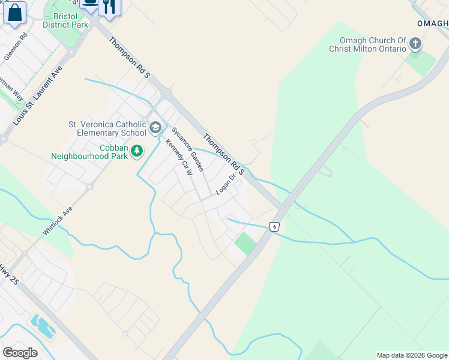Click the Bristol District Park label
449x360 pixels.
click(x=67, y=19)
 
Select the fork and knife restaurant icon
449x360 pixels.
click(x=109, y=6)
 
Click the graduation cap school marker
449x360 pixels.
click(x=155, y=127)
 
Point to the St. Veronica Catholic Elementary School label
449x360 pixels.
click(x=107, y=128)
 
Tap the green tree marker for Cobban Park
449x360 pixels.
click(x=137, y=150)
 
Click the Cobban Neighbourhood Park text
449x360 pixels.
click(x=89, y=152)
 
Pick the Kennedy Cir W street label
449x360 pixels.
click(x=178, y=157)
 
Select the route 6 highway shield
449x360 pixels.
click(x=274, y=226)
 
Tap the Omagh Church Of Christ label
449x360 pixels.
click(x=367, y=45)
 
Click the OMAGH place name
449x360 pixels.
click(x=433, y=23)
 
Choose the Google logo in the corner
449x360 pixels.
click(x=20, y=353)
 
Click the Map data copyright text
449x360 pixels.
click(x=412, y=355)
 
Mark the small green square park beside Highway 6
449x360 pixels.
click(x=245, y=244)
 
